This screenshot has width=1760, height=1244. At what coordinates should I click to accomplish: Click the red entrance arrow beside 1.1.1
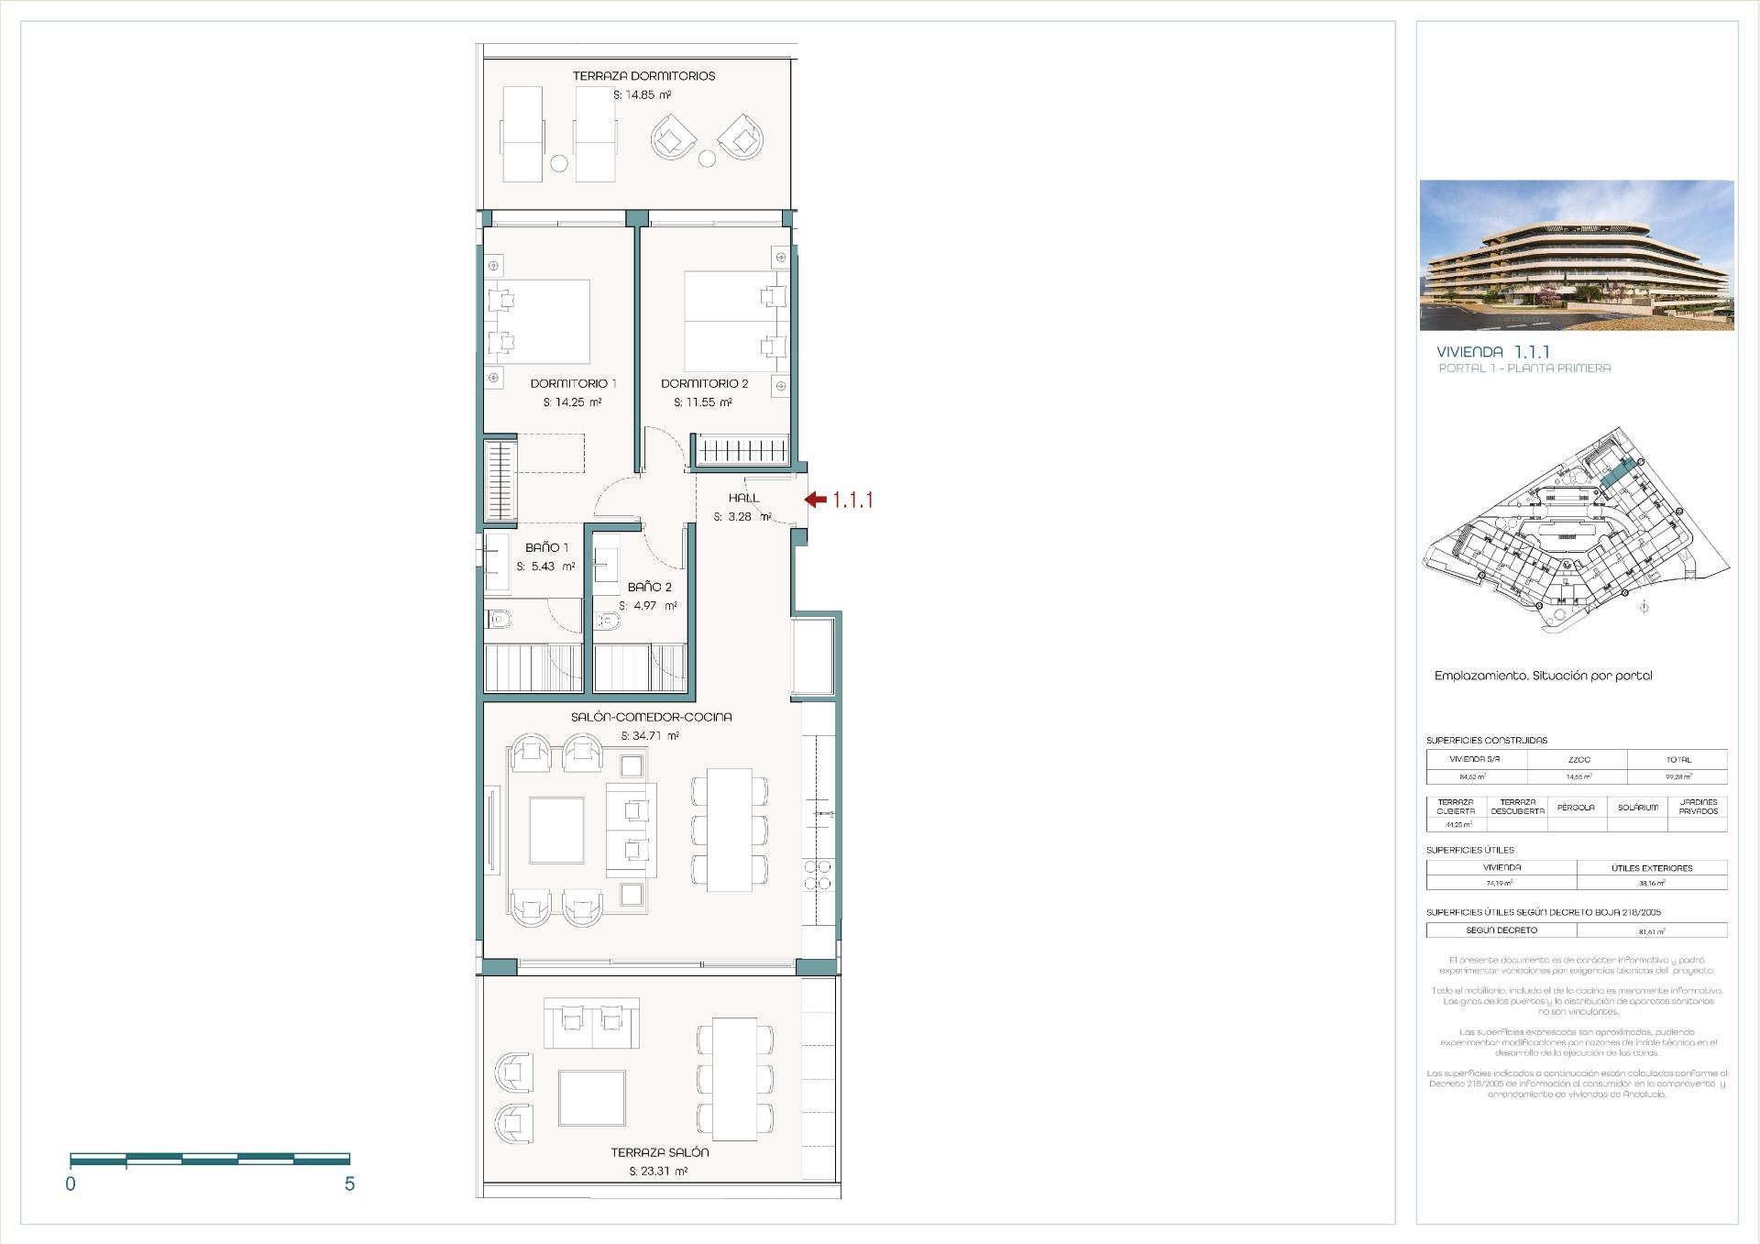tap(815, 500)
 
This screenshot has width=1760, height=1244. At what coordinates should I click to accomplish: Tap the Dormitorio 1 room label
tap(573, 383)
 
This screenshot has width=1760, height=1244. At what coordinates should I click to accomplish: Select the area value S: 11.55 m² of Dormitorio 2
tap(702, 402)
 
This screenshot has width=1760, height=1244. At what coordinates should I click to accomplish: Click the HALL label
tap(743, 498)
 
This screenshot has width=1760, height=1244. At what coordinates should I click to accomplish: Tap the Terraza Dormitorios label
tap(643, 76)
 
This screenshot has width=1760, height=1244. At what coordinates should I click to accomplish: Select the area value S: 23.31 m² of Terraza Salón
tap(658, 1171)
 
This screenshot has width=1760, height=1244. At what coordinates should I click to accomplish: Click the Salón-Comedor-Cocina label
tap(651, 717)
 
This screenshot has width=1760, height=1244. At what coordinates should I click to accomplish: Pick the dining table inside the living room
tap(730, 830)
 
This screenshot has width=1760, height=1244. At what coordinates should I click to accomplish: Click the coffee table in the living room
tap(556, 831)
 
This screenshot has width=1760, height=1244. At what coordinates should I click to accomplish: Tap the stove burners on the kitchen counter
tap(818, 875)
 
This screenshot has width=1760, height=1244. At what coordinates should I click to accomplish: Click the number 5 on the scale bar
tap(349, 1183)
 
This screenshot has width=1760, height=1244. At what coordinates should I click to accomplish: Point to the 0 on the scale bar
tap(71, 1183)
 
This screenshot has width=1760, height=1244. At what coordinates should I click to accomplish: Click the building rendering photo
tap(1576, 255)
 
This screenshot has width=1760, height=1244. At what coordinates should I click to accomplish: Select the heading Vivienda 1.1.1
tap(1492, 352)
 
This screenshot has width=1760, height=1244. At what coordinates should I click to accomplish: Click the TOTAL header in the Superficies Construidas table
tap(1677, 759)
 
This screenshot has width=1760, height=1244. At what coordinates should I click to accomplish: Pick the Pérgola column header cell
tap(1576, 808)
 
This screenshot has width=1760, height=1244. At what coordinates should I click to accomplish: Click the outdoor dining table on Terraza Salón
tap(735, 1079)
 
